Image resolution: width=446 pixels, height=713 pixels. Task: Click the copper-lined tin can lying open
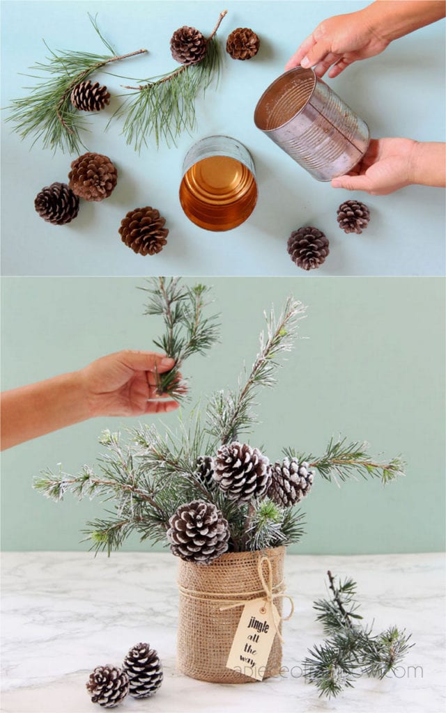218,184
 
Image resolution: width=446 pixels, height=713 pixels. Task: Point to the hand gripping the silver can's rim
341,42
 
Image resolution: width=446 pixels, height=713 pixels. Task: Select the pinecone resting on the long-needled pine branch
90,96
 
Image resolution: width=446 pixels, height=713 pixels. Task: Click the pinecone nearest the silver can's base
353,217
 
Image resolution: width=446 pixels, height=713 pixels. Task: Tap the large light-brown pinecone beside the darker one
93,177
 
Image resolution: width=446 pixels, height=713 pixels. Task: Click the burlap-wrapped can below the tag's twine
202,627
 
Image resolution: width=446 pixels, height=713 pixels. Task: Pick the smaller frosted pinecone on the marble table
107,685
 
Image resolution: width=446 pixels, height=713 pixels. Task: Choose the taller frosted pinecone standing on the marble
144,670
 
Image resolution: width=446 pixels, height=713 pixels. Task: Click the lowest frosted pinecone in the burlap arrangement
198,531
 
